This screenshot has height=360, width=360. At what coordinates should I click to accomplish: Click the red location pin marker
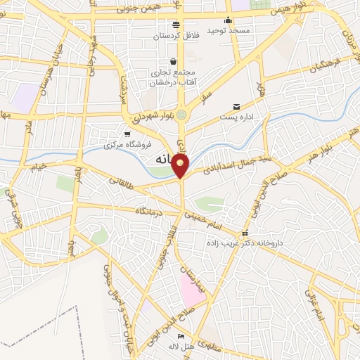181,166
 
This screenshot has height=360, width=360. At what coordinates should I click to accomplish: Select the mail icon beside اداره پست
236,107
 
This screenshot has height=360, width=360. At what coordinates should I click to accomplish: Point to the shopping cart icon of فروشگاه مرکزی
127,134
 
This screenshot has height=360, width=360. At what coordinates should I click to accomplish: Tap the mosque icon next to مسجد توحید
228,20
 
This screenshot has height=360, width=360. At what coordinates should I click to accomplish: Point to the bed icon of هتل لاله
181,337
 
